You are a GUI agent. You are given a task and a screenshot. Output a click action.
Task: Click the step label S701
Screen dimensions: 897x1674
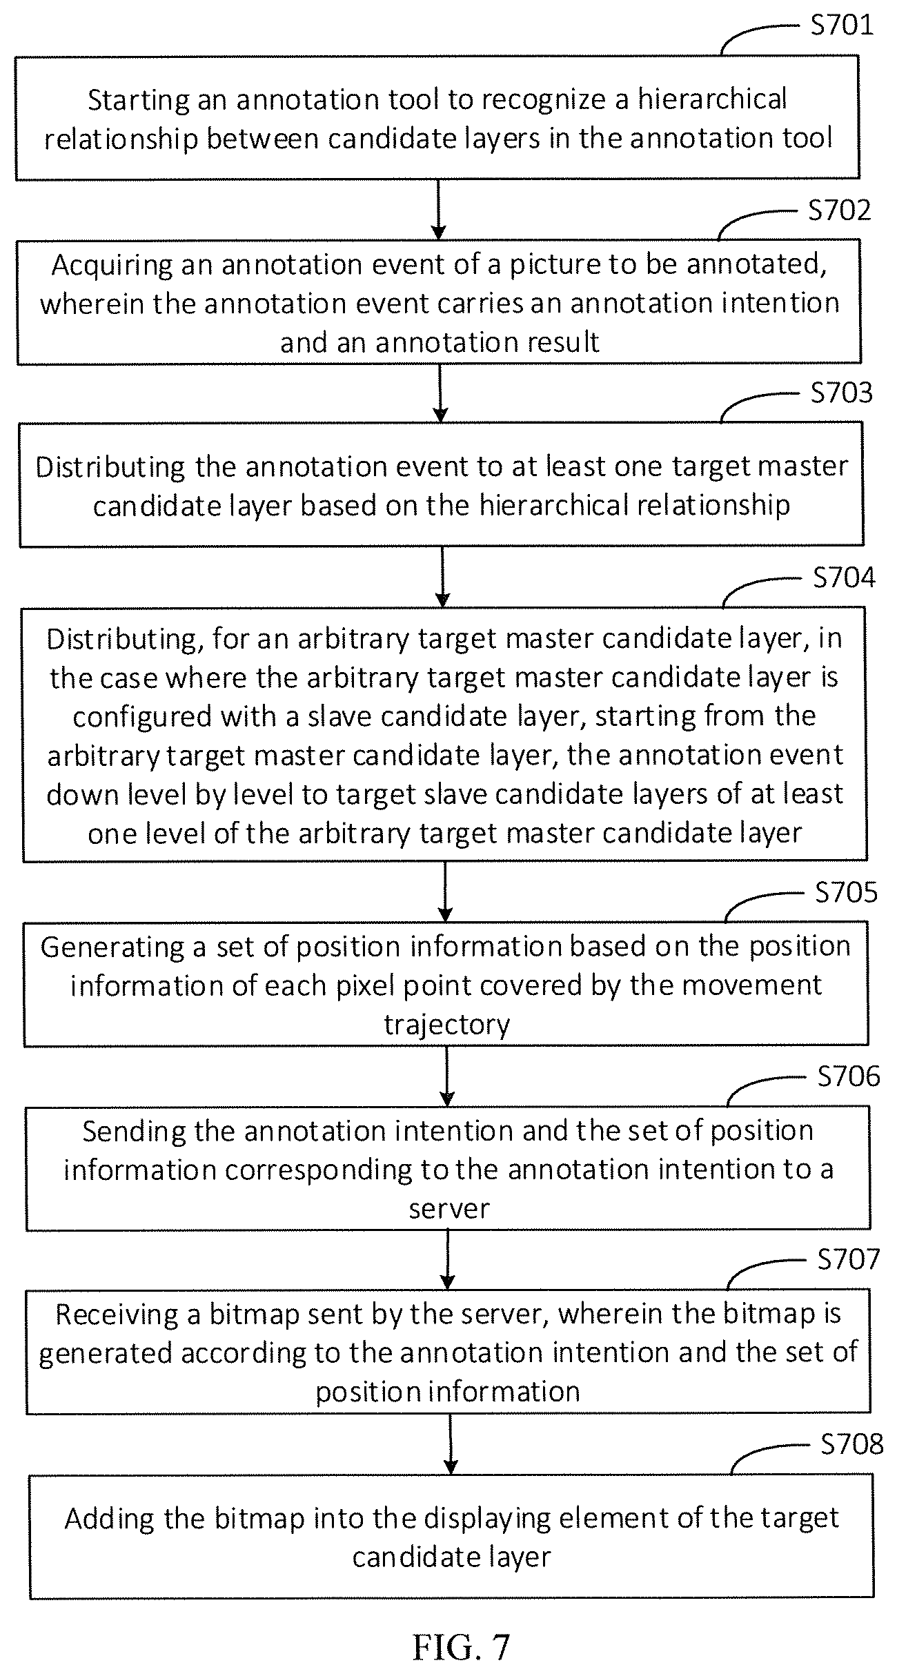click(x=841, y=26)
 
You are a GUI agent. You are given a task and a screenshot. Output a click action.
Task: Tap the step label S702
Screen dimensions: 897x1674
click(x=840, y=210)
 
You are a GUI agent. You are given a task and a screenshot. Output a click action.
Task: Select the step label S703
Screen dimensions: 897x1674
click(x=841, y=393)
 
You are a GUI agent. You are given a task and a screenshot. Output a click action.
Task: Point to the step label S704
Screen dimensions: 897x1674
click(x=844, y=578)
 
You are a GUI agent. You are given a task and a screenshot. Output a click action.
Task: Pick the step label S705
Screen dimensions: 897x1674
click(x=846, y=892)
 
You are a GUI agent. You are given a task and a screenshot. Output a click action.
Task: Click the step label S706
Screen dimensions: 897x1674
click(x=849, y=1076)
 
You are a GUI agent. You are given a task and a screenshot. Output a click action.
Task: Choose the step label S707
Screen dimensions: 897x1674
click(x=849, y=1259)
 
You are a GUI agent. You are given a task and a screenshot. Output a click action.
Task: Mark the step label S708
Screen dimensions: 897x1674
click(x=851, y=1444)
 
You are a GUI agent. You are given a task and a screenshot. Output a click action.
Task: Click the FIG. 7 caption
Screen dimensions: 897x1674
click(x=461, y=1647)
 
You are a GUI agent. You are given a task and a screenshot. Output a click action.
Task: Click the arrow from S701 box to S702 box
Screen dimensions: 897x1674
click(x=438, y=210)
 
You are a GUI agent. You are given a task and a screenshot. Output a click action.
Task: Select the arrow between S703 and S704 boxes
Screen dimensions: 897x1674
click(x=442, y=577)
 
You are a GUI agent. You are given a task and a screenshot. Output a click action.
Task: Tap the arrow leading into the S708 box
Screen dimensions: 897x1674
click(x=450, y=1444)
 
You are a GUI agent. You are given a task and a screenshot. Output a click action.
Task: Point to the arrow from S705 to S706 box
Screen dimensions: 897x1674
click(x=447, y=1076)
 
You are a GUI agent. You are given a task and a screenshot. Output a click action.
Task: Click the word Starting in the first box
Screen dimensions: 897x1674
click(x=139, y=101)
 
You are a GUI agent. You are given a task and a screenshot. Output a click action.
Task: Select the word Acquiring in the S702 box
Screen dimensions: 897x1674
click(x=112, y=266)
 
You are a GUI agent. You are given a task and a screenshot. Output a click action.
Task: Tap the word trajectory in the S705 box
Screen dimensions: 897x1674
click(x=447, y=1025)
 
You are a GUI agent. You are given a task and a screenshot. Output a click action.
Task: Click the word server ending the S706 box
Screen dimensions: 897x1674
click(x=449, y=1209)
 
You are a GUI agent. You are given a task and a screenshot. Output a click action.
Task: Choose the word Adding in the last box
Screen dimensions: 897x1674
click(x=109, y=1519)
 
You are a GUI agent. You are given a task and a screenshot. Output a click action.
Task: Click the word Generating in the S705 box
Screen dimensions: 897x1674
click(x=112, y=947)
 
